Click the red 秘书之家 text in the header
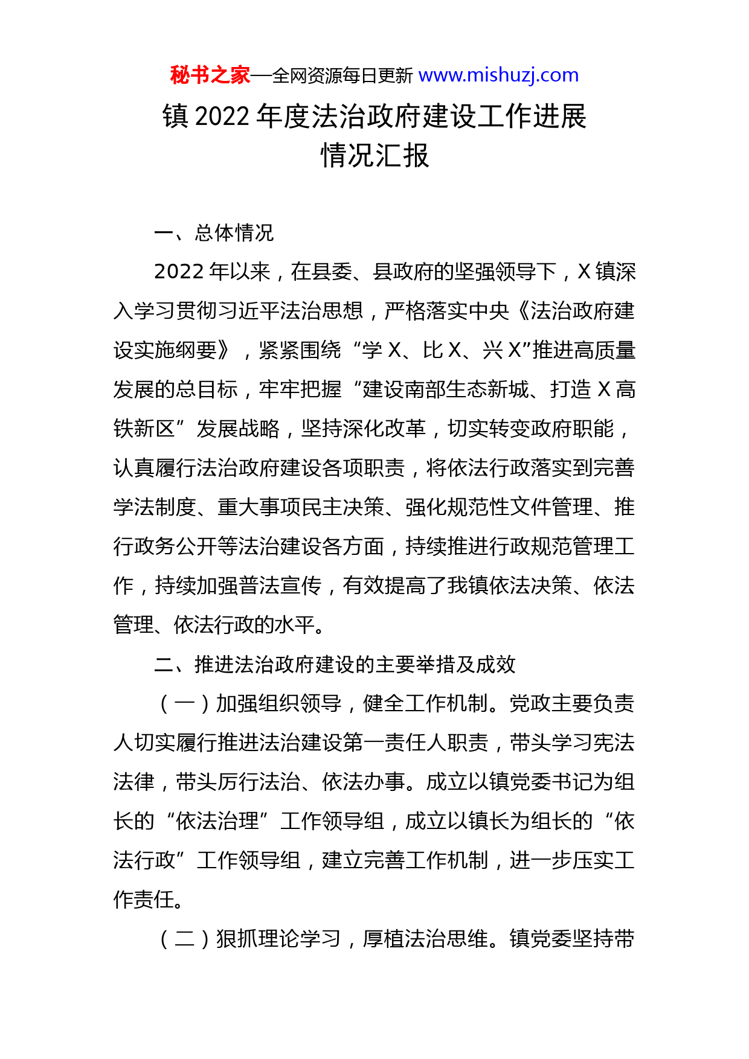[210, 75]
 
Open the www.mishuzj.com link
[498, 75]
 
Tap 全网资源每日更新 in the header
[342, 76]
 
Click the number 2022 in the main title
[222, 117]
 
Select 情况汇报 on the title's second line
[374, 156]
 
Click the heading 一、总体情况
[214, 233]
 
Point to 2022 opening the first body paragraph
[179, 272]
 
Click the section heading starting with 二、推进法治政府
[335, 665]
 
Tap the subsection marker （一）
[184, 704]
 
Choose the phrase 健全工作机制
[425, 704]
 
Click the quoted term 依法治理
[217, 822]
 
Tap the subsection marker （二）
[184, 939]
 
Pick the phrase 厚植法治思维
[425, 939]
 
